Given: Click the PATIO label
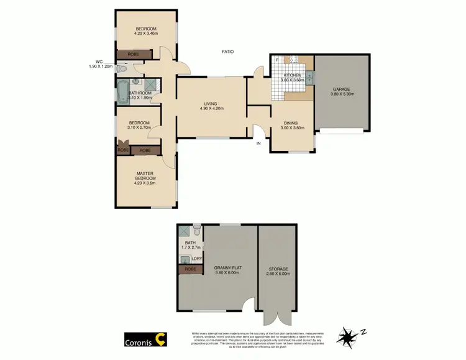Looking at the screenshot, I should point(228,51).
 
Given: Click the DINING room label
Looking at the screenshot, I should point(291,123).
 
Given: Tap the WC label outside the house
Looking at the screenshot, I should point(99,62).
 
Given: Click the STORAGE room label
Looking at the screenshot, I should point(277,269).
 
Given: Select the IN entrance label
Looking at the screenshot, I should point(259,143).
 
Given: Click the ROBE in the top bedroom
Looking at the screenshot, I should point(133,55).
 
